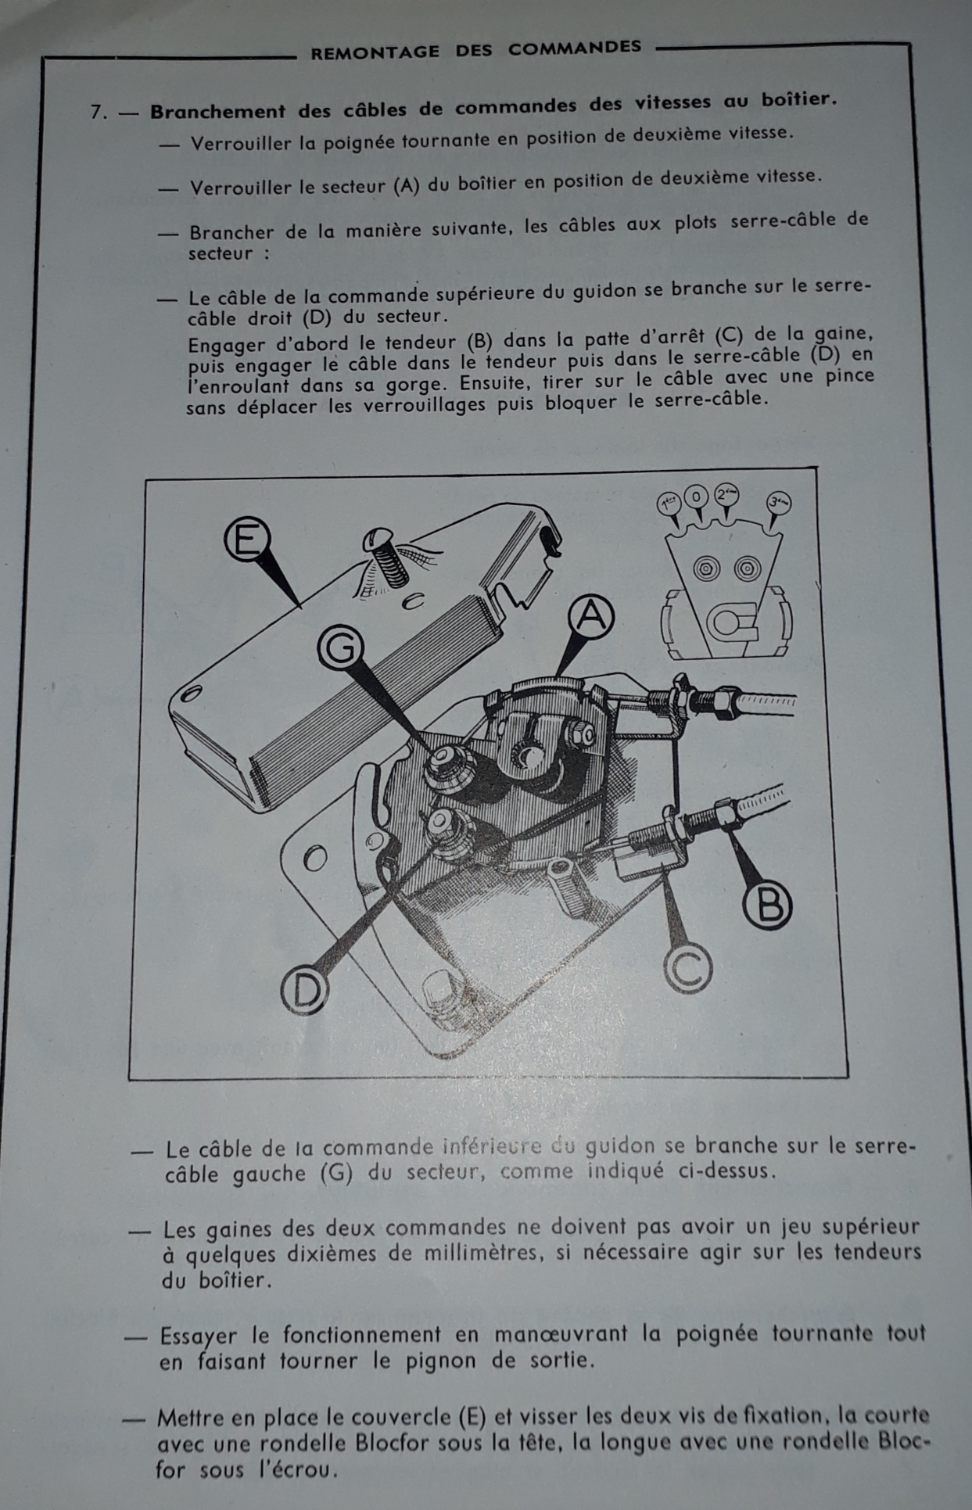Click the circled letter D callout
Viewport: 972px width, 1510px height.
(303, 990)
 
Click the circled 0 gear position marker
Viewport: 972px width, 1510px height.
(696, 496)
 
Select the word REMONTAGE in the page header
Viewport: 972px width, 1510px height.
(375, 52)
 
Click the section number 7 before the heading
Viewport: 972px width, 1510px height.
(98, 112)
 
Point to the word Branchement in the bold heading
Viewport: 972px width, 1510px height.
(218, 110)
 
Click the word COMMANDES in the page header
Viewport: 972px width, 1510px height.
(575, 48)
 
